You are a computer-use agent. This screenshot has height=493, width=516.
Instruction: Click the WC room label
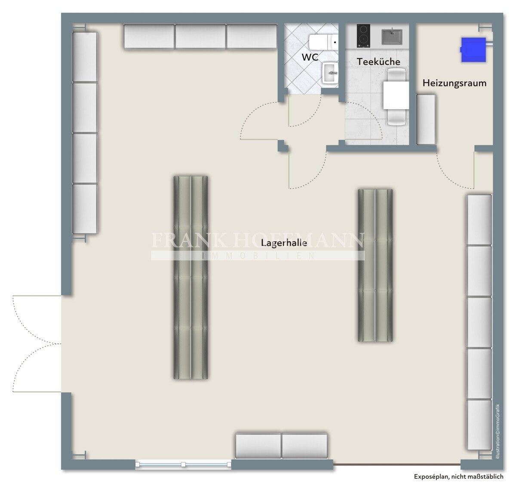pos(310,57)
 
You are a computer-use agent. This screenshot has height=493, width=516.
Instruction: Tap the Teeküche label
pos(378,61)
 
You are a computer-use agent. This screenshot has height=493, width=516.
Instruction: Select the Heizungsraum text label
pos(454,83)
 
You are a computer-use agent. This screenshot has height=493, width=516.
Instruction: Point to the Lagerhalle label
pos(284,242)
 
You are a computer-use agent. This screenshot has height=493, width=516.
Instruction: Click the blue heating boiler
pos(473,49)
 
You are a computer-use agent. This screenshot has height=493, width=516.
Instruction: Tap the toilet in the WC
pos(324,43)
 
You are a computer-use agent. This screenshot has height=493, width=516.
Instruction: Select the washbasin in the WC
pos(330,73)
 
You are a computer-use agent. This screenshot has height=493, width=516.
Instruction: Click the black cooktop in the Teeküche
pos(363,36)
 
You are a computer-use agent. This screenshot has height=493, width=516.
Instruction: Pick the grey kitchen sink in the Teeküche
pos(392,37)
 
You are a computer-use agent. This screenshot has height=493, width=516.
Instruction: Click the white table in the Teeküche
pos(396,95)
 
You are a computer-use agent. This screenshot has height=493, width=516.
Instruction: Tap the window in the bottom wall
pos(183,464)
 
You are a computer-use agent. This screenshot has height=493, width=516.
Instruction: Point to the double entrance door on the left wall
pos(37,344)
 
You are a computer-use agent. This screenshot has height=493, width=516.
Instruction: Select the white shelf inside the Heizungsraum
pos(426,119)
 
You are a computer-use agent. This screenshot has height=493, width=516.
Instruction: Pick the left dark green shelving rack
pos(190,278)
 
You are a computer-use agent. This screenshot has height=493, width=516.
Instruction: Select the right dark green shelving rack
pos(375,265)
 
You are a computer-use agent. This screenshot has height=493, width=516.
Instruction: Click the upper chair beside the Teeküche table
pos(396,74)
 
